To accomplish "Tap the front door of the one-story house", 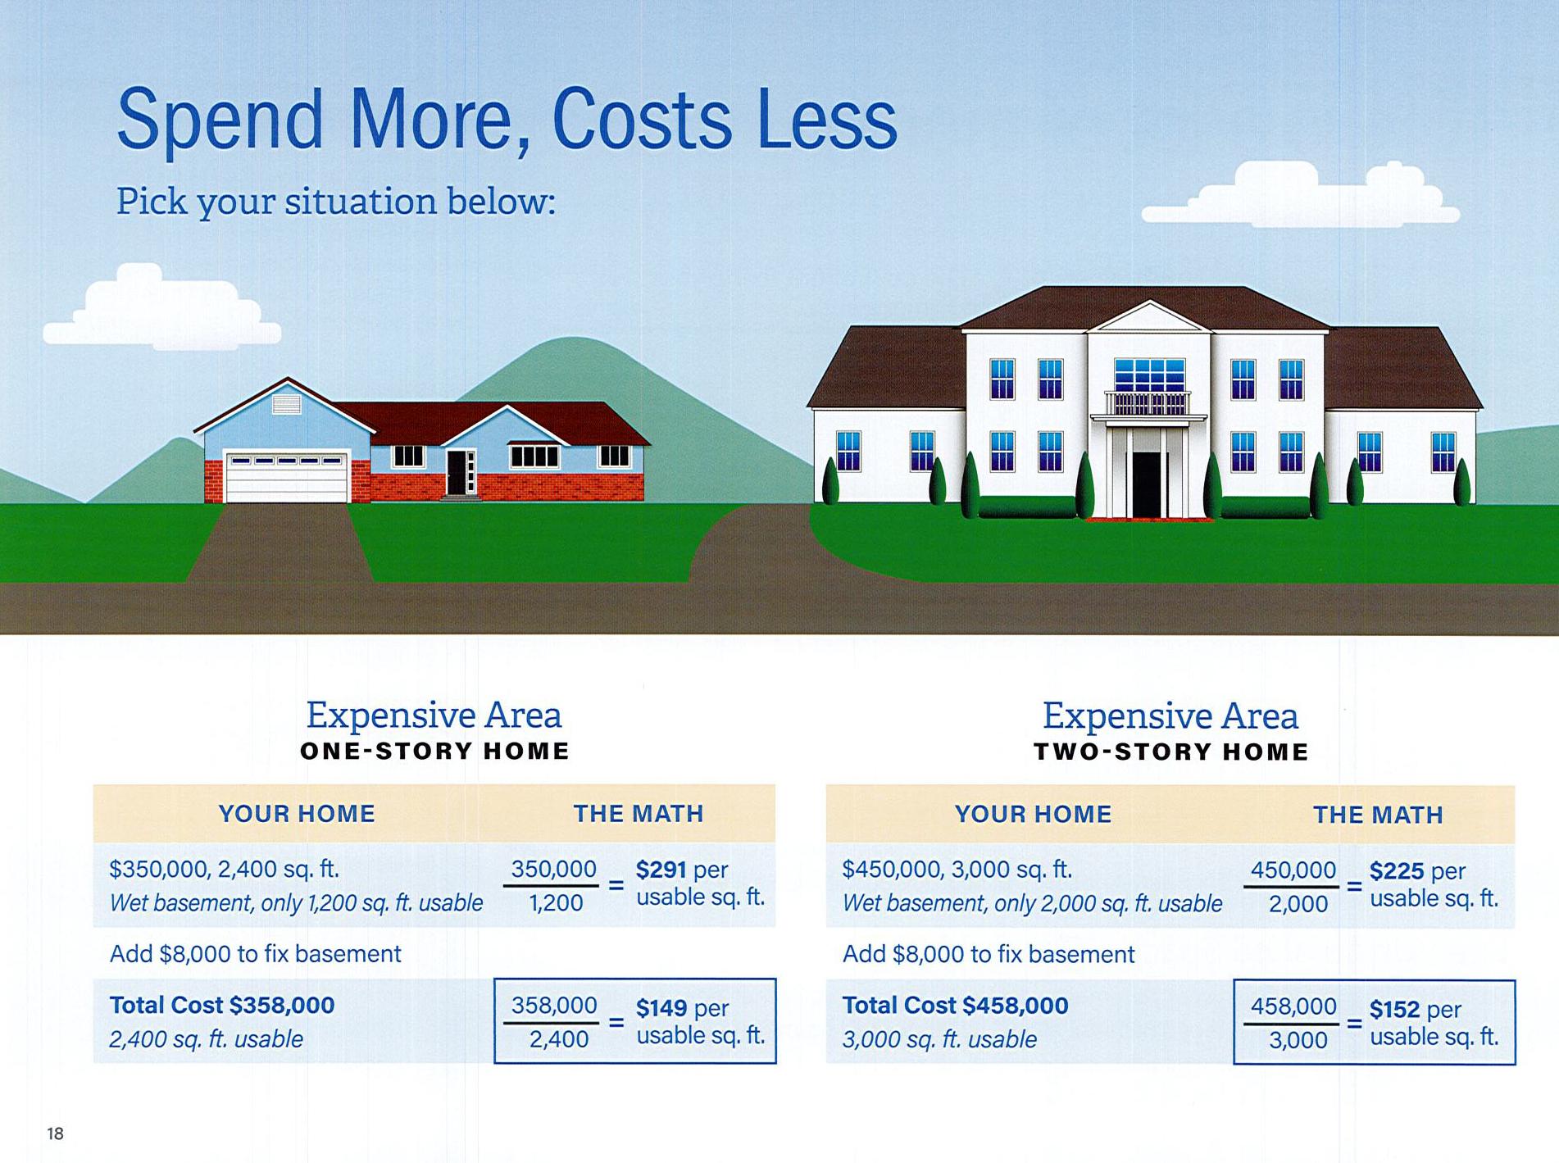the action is pyautogui.click(x=457, y=471).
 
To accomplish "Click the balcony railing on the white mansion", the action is pyautogui.click(x=1148, y=403).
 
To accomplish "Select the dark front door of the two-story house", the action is pyautogui.click(x=1147, y=484).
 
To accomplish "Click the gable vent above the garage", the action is pyautogui.click(x=286, y=404).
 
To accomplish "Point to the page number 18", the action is pyautogui.click(x=55, y=1133).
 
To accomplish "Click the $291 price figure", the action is pyautogui.click(x=661, y=869).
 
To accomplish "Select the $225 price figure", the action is pyautogui.click(x=1396, y=870).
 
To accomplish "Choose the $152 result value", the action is pyautogui.click(x=1395, y=1009).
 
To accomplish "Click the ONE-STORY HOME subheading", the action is pyautogui.click(x=434, y=751).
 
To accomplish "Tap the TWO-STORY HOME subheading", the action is pyautogui.click(x=1171, y=752).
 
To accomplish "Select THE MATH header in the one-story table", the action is pyautogui.click(x=639, y=813).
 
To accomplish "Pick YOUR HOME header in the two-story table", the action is pyautogui.click(x=1033, y=814).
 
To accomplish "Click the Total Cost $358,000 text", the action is pyautogui.click(x=222, y=1005).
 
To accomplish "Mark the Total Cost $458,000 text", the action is pyautogui.click(x=956, y=1006).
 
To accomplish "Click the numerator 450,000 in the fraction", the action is pyautogui.click(x=1293, y=870).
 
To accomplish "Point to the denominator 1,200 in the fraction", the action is pyautogui.click(x=556, y=902).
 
